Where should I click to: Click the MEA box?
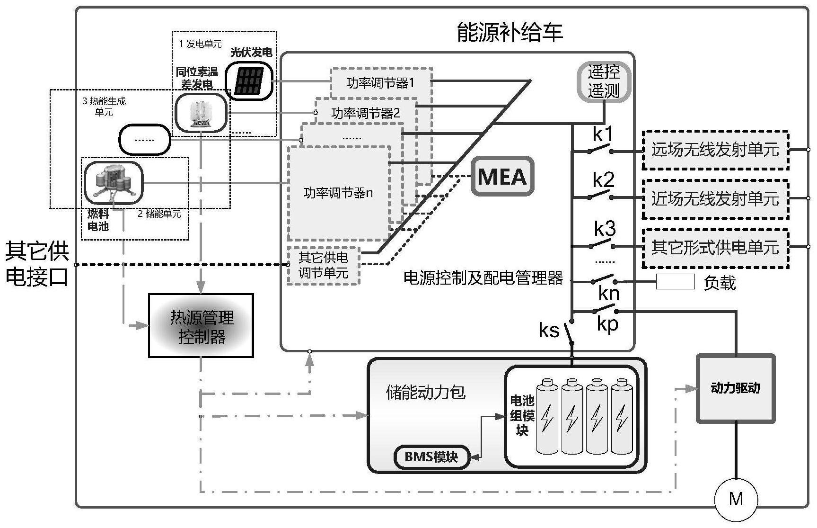pyautogui.click(x=502, y=176)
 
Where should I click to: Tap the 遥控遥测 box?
pyautogui.click(x=604, y=81)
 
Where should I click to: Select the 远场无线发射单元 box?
pyautogui.click(x=715, y=150)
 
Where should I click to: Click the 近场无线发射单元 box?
pyautogui.click(x=715, y=199)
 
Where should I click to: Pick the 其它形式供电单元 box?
pyautogui.click(x=715, y=248)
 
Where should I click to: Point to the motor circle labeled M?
pyautogui.click(x=736, y=499)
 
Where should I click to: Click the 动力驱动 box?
pyautogui.click(x=735, y=388)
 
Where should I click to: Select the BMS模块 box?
pyautogui.click(x=431, y=457)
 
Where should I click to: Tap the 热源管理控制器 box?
pyautogui.click(x=201, y=326)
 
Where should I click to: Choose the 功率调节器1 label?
pyautogui.click(x=380, y=83)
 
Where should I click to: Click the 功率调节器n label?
pyautogui.click(x=338, y=193)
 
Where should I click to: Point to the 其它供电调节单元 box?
pyautogui.click(x=324, y=265)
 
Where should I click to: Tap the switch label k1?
pyautogui.click(x=603, y=135)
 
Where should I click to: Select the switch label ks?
pyautogui.click(x=549, y=331)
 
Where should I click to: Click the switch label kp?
pyautogui.click(x=607, y=324)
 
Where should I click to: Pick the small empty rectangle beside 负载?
pyautogui.click(x=675, y=282)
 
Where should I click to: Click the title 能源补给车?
pyautogui.click(x=510, y=33)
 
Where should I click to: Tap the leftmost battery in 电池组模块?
pyautogui.click(x=547, y=416)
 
